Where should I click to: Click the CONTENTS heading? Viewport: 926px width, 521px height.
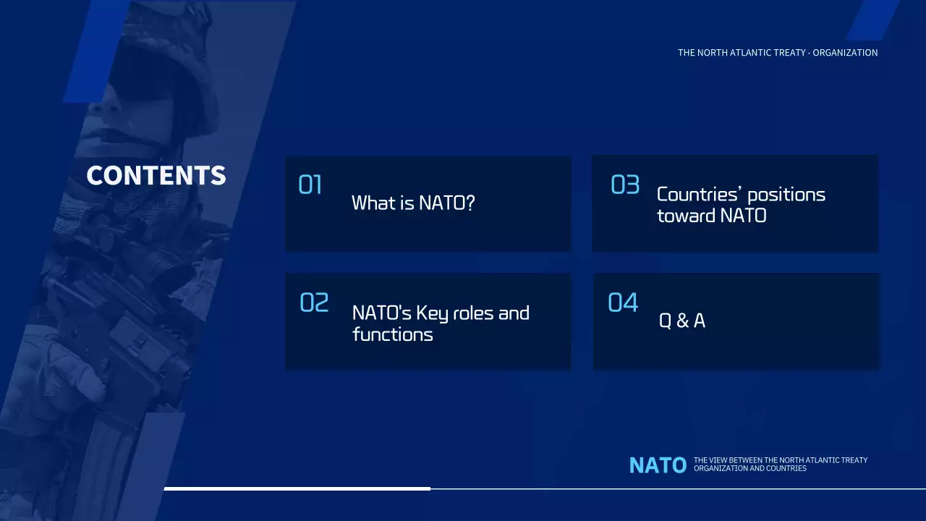(156, 176)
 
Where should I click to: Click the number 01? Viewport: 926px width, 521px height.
(310, 186)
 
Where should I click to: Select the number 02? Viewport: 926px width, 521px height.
(314, 302)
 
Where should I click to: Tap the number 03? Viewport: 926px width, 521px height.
(625, 185)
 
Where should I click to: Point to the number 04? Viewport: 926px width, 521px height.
(623, 302)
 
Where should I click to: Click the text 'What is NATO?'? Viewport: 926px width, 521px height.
(413, 203)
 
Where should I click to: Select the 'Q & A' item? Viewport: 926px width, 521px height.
(681, 321)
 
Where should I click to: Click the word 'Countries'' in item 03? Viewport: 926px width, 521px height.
(699, 195)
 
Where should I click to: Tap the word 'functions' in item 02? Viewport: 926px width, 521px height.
(392, 334)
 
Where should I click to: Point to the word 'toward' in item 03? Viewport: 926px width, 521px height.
(686, 216)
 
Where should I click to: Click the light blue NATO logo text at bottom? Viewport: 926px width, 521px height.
(658, 465)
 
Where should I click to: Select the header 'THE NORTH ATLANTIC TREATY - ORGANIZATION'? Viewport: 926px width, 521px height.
(778, 53)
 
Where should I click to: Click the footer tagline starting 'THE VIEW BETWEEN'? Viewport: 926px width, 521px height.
(780, 465)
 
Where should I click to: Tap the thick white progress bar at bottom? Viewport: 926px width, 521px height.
(297, 488)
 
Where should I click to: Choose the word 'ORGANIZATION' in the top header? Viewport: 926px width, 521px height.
(845, 53)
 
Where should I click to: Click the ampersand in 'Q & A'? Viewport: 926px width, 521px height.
(682, 321)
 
